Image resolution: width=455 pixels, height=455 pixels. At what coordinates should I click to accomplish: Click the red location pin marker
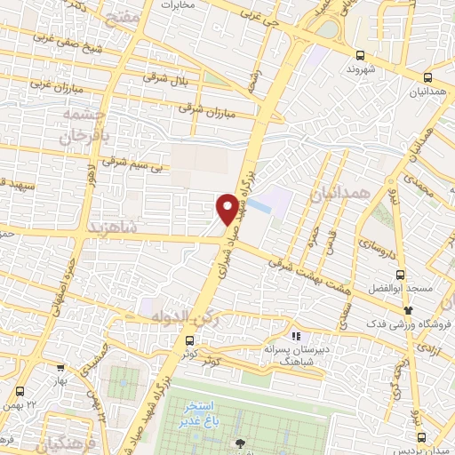pos(227,208)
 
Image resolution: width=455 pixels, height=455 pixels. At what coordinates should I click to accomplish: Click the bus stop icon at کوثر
pos(189,340)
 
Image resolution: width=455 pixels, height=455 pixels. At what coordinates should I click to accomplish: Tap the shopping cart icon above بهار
pos(60,366)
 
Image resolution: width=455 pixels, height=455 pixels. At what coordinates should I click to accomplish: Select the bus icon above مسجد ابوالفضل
pos(400,275)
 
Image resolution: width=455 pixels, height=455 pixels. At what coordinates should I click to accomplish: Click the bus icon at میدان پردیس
pos(421,436)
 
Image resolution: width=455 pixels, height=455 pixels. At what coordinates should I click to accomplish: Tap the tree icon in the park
pos(238,443)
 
